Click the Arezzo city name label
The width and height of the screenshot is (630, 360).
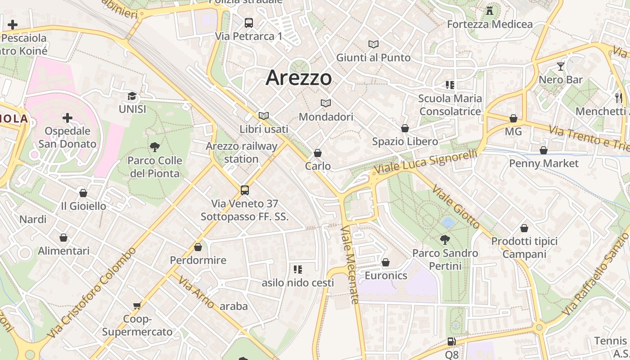(x=299, y=78)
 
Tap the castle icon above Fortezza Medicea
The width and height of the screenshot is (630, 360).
(x=490, y=10)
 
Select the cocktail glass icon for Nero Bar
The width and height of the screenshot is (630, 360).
(x=560, y=67)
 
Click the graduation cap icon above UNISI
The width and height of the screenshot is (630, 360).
(x=132, y=96)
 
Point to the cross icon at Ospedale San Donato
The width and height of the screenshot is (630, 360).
(x=67, y=118)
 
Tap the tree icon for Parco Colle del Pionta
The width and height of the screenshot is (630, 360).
(x=154, y=147)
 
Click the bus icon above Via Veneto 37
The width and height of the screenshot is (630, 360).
(x=245, y=190)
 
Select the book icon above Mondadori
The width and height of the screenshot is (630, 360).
(x=326, y=103)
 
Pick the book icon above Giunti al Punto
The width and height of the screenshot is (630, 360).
(x=373, y=44)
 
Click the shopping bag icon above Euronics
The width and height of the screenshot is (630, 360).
(x=386, y=262)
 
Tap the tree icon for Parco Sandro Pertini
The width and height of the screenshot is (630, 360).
(x=445, y=239)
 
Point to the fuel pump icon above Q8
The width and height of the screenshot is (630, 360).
(x=451, y=342)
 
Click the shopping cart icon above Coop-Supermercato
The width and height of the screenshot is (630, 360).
(x=137, y=306)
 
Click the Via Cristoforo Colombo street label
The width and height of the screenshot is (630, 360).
(x=92, y=293)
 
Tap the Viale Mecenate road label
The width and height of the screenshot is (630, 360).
(x=350, y=265)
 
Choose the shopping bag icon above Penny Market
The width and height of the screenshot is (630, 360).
(x=544, y=150)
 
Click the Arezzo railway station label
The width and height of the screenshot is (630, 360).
(x=242, y=153)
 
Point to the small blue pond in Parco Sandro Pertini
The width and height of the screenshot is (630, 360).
(x=448, y=222)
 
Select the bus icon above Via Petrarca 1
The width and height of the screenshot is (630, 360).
(x=249, y=22)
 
